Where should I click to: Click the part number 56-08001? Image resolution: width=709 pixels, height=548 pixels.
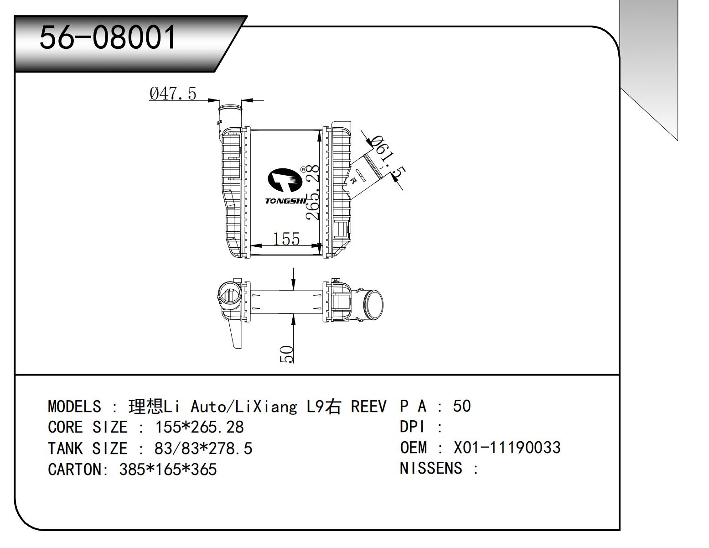point(108,37)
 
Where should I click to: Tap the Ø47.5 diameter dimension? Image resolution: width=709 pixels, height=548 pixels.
point(172,94)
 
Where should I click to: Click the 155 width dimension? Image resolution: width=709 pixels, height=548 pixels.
point(286,239)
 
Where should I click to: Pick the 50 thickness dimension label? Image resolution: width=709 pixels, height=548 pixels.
point(286,354)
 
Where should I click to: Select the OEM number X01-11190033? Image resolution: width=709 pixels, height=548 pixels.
point(507,448)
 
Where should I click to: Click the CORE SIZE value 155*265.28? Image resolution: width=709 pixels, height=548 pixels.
point(199,427)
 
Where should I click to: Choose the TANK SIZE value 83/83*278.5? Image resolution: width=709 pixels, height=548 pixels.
point(203,449)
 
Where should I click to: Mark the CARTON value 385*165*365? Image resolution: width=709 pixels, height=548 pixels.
point(168,469)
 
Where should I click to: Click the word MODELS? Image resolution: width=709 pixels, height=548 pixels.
point(74,406)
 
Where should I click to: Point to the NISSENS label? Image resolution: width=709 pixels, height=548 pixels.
point(430,468)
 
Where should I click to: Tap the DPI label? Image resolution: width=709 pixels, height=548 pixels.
point(412,427)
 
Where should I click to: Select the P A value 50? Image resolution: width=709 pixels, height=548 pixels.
point(461,406)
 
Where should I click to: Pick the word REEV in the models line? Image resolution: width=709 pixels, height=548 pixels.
point(368,406)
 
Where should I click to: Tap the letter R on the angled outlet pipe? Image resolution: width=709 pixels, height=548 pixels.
point(353,181)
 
